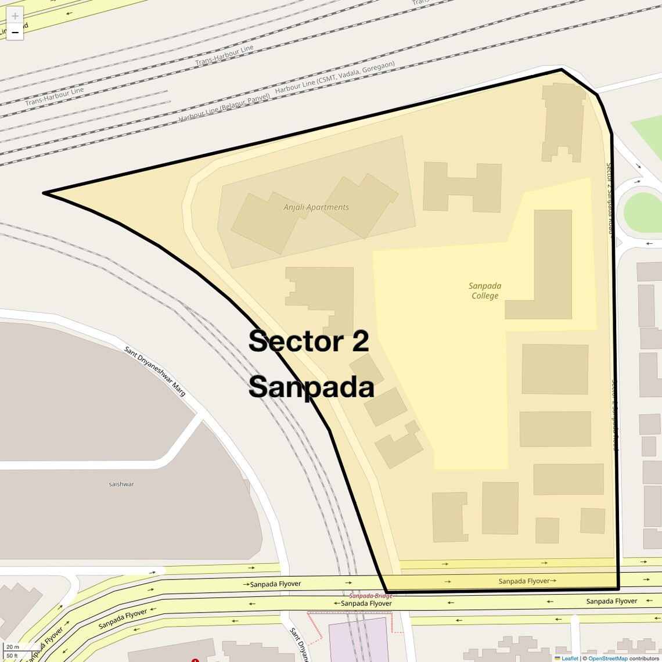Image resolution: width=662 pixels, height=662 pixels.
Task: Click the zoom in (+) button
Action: tap(15, 16)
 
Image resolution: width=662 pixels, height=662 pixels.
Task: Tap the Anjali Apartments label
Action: tap(316, 207)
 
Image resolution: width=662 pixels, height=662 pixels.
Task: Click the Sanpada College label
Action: tap(485, 291)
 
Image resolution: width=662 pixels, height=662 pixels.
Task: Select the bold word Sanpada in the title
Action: tap(311, 387)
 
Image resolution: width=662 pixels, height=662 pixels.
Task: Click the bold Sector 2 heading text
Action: tap(308, 341)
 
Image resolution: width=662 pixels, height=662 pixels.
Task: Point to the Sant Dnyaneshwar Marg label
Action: tap(155, 372)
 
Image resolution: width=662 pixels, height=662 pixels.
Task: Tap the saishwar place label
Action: tap(121, 484)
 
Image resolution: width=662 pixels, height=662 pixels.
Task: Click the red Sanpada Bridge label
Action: tap(370, 596)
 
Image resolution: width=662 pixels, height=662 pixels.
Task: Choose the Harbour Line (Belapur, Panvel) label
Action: tap(224, 108)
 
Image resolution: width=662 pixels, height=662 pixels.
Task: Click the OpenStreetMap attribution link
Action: tap(607, 658)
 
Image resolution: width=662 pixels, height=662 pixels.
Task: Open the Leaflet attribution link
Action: tap(569, 658)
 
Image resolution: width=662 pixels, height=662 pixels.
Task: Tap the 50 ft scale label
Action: tap(12, 656)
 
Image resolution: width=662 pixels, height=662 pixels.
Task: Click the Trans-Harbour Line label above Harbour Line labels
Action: tap(224, 56)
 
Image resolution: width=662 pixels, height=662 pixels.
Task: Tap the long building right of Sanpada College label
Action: tap(552, 264)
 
